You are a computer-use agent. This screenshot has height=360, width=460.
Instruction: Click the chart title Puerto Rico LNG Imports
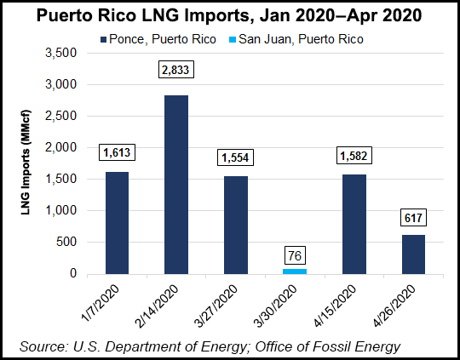(230, 16)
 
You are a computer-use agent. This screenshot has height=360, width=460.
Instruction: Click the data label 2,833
(176, 72)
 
